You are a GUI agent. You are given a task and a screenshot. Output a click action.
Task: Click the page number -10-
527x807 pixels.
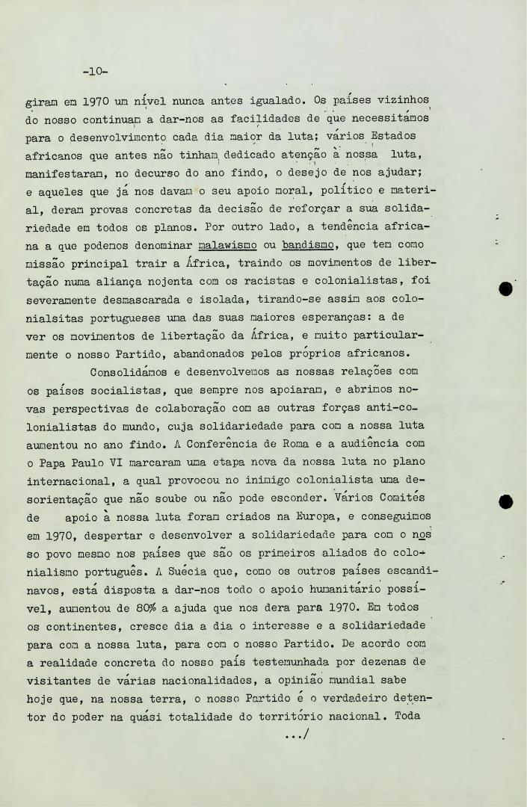tap(96, 72)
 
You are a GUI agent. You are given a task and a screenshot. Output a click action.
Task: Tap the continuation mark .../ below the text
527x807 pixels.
tap(297, 735)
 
